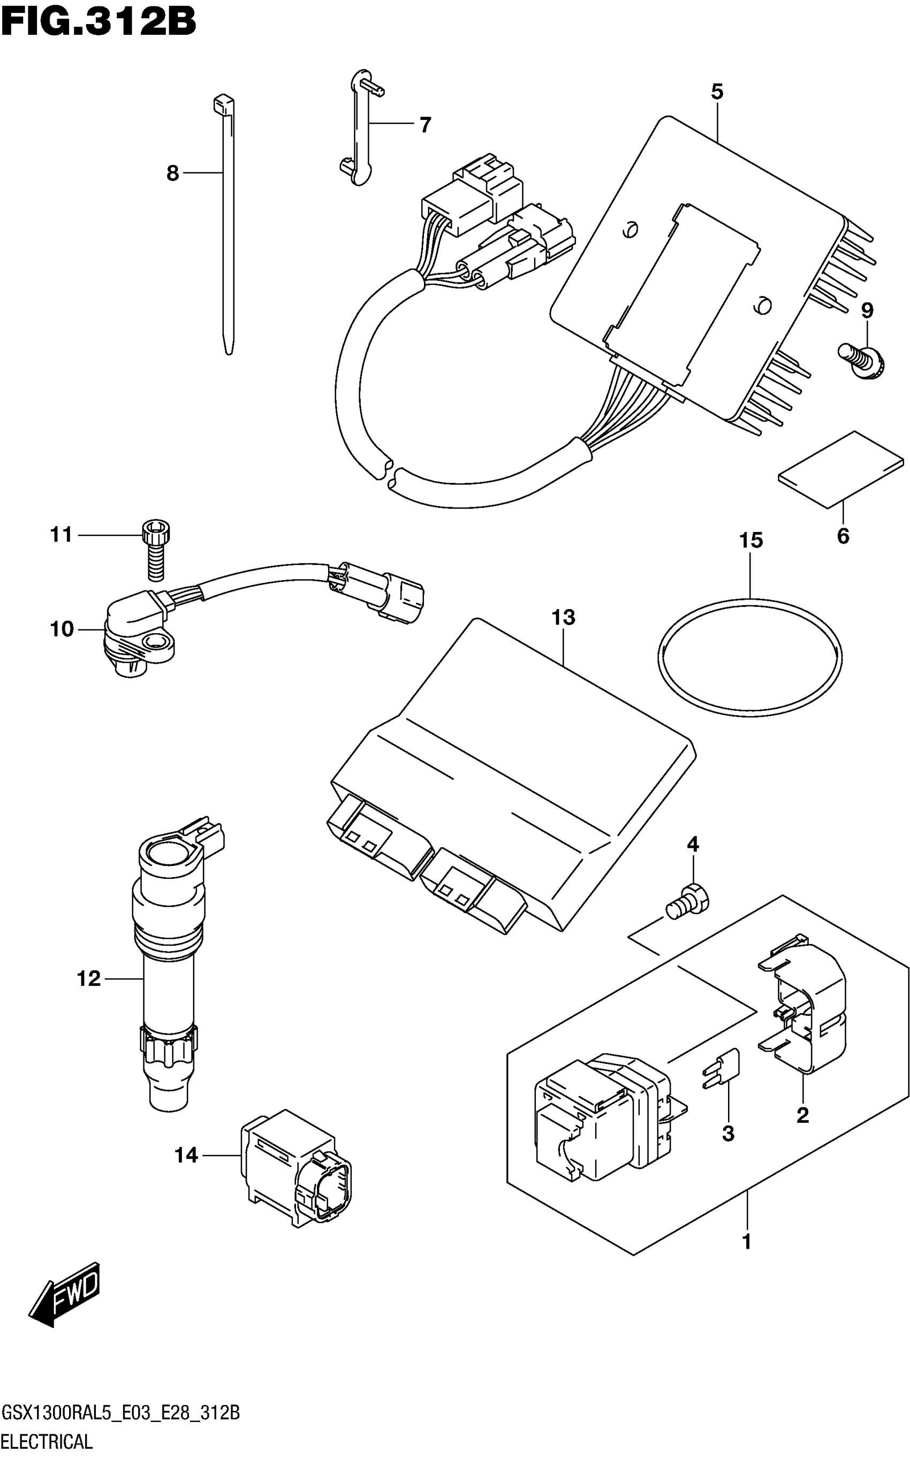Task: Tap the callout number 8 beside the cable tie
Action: tap(173, 174)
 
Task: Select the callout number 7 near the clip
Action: tap(425, 125)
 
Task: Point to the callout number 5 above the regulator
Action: tap(717, 92)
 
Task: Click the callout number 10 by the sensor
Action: tap(62, 629)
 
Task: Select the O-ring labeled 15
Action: tap(749, 658)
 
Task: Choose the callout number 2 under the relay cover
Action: tap(802, 1115)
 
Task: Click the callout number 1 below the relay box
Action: tap(746, 1241)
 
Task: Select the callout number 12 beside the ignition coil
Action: tap(88, 979)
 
